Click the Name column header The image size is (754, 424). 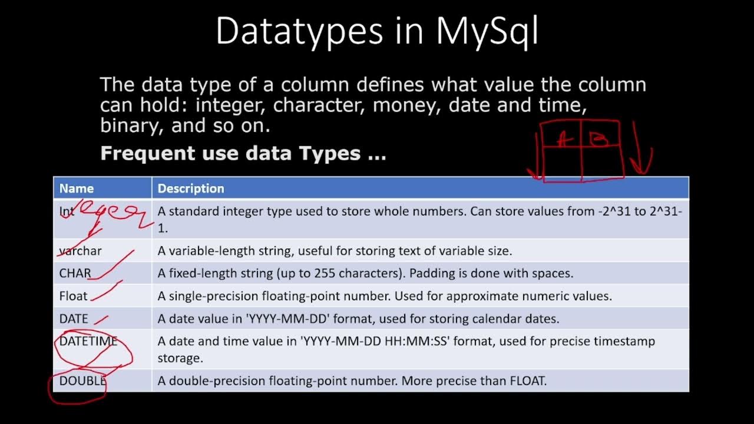[x=77, y=188]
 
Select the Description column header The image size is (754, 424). [x=191, y=188]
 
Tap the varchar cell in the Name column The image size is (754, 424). [x=81, y=251]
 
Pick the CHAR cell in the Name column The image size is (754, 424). [x=75, y=273]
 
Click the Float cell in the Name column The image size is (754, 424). [x=73, y=296]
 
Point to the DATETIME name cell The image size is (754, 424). [x=88, y=341]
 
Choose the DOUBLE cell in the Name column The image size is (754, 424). [x=82, y=380]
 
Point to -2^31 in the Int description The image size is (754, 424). [x=613, y=211]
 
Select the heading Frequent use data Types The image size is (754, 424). [x=243, y=154]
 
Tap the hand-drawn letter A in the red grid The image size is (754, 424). [x=564, y=139]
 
